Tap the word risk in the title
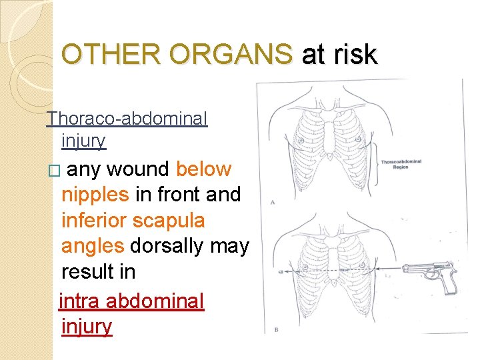tap(357, 54)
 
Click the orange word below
tap(203, 169)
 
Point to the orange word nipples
tap(95, 195)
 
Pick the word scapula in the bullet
tap(171, 220)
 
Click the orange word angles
tap(93, 245)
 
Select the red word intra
tap(80, 301)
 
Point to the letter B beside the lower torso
tap(275, 329)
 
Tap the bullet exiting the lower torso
tap(281, 271)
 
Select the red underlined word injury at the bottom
tap(87, 327)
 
